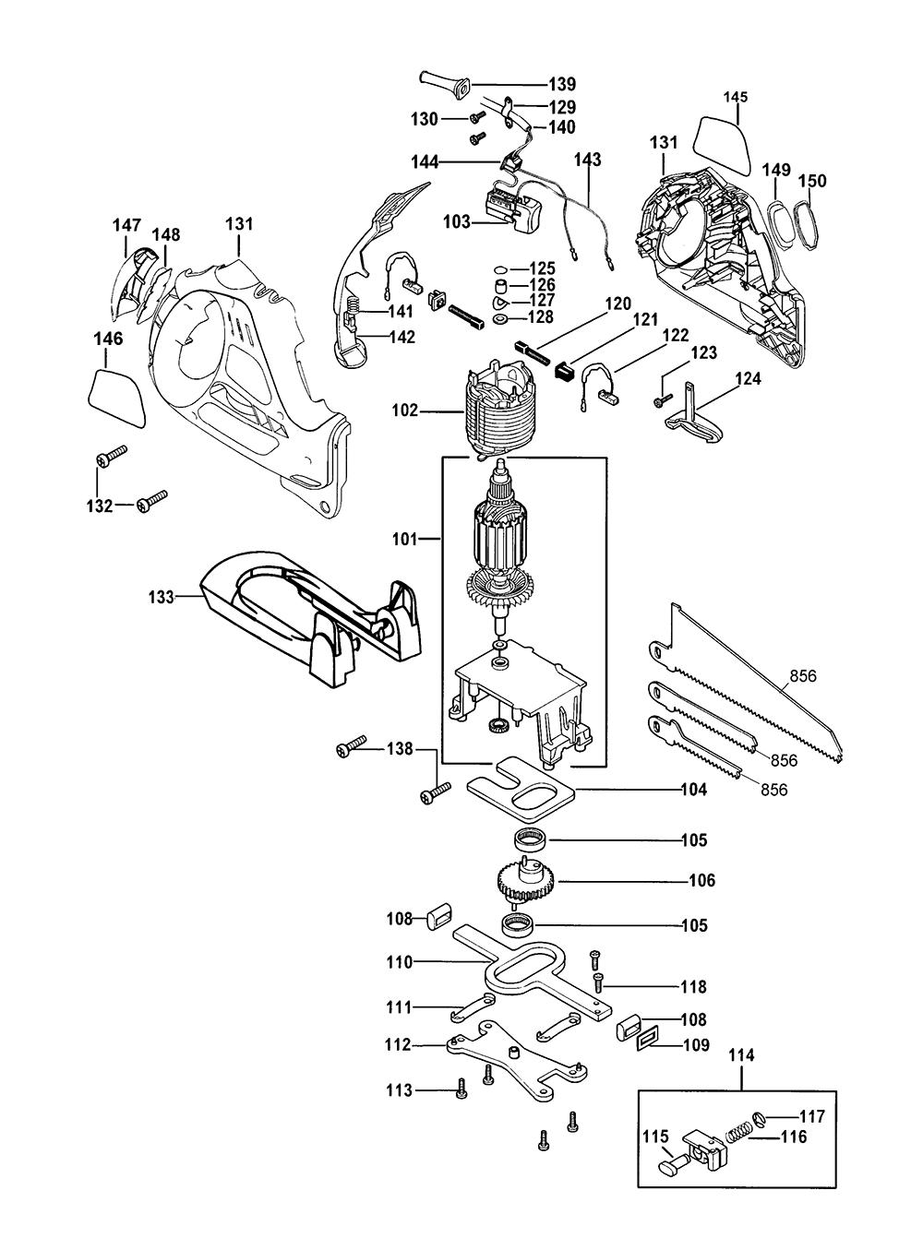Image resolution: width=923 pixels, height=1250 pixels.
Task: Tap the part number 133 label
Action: (162, 597)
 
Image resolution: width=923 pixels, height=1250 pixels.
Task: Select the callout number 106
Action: (702, 881)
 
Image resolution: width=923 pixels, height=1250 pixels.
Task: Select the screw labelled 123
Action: (661, 401)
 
